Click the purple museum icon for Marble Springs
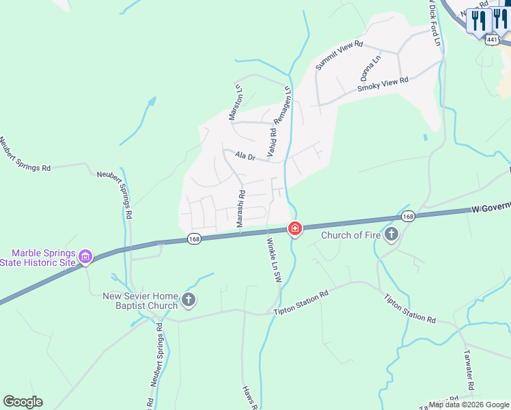[85, 257]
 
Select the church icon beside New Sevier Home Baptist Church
[189, 299]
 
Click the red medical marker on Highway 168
[294, 228]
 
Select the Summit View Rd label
[338, 55]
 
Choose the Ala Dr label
[245, 156]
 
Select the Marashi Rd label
[241, 209]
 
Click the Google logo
[23, 402]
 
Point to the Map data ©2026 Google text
[468, 405]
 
